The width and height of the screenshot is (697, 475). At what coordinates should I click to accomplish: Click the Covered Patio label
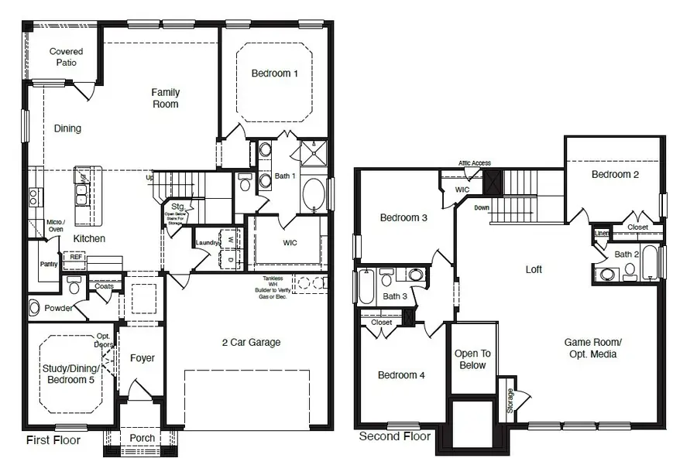[66, 56]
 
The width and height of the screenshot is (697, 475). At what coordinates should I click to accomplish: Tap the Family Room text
[166, 98]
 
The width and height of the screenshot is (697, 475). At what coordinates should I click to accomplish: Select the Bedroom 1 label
[275, 73]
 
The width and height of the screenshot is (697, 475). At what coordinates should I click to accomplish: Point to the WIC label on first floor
[290, 243]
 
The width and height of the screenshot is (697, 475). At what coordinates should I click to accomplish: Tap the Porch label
[142, 438]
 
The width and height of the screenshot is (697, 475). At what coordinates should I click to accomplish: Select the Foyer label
[142, 358]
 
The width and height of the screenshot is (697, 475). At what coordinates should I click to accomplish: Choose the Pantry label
[49, 264]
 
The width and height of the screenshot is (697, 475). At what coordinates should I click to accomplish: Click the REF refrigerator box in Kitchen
[77, 258]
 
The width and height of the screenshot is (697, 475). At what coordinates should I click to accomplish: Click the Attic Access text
[474, 163]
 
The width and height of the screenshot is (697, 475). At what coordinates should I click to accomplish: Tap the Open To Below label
[472, 359]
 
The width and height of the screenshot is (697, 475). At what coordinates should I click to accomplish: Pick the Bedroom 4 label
[401, 375]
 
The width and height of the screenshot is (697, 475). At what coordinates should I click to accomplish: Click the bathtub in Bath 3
[364, 287]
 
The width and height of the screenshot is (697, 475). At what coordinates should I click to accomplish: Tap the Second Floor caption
[394, 436]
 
